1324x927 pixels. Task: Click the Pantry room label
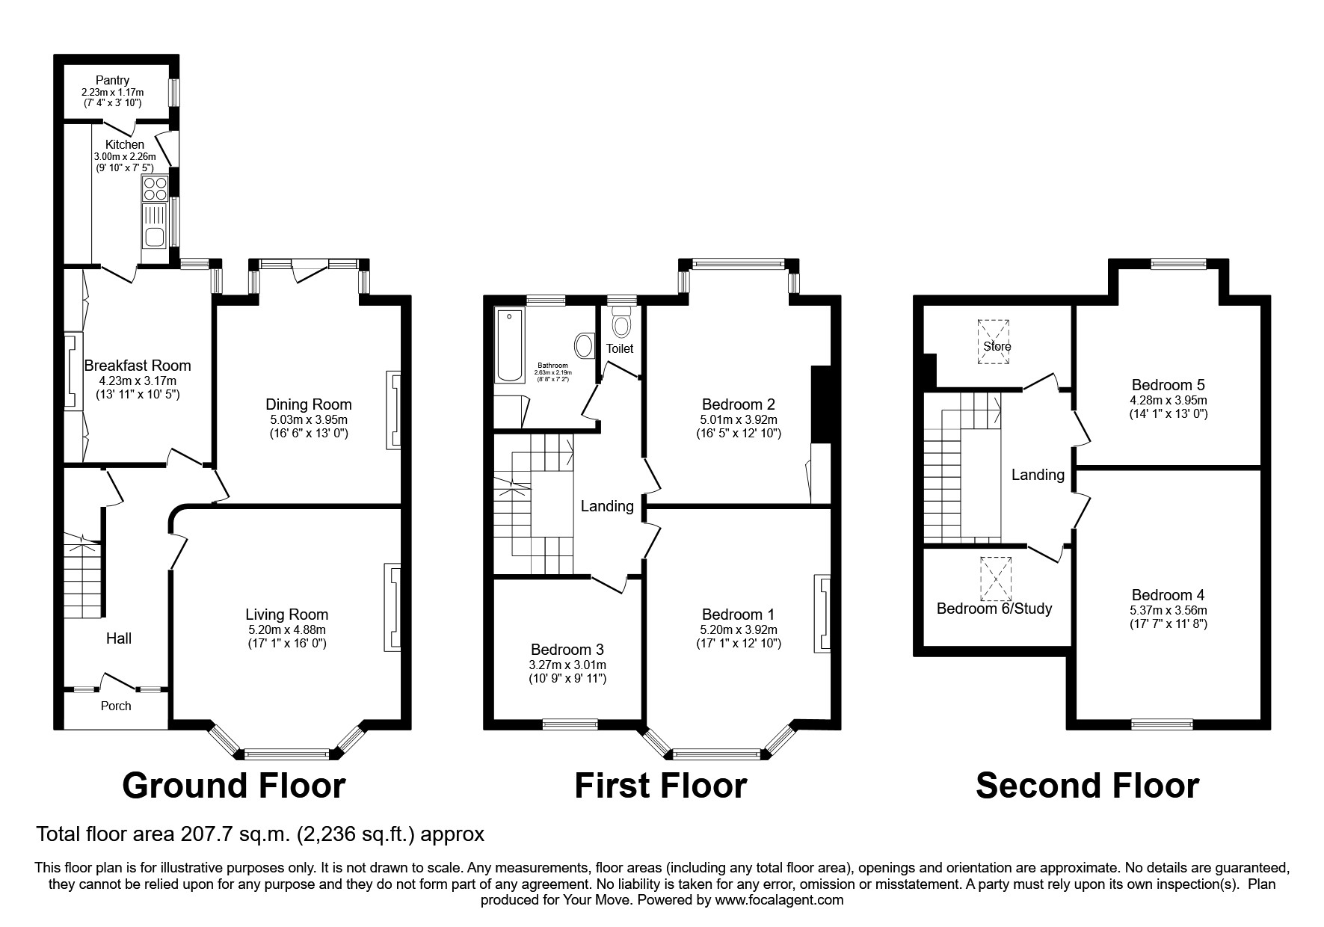click(112, 80)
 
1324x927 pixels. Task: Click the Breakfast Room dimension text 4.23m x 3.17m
click(137, 381)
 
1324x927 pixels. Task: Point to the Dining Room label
click(308, 405)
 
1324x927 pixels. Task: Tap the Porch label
click(116, 706)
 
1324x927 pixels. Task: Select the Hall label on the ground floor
click(119, 638)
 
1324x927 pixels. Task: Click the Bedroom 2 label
click(738, 405)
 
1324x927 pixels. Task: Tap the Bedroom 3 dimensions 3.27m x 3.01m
click(567, 665)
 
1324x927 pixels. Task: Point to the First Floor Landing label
click(607, 506)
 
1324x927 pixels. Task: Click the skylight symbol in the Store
click(994, 341)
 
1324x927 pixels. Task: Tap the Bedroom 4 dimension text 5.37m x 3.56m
click(1168, 610)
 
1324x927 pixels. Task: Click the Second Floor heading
click(1087, 786)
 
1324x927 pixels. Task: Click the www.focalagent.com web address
click(779, 900)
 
